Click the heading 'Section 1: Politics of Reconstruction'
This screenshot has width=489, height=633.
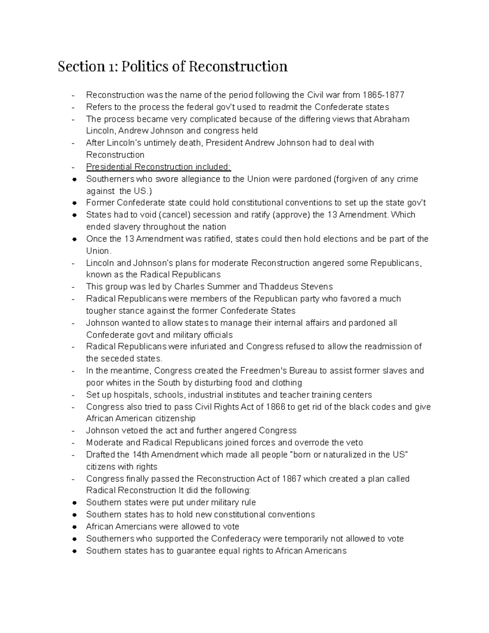pos(172,66)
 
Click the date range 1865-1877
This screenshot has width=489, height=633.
pos(386,95)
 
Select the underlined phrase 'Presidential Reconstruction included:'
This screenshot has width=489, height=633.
pos(159,167)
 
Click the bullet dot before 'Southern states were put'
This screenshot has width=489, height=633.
pos(74,503)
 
